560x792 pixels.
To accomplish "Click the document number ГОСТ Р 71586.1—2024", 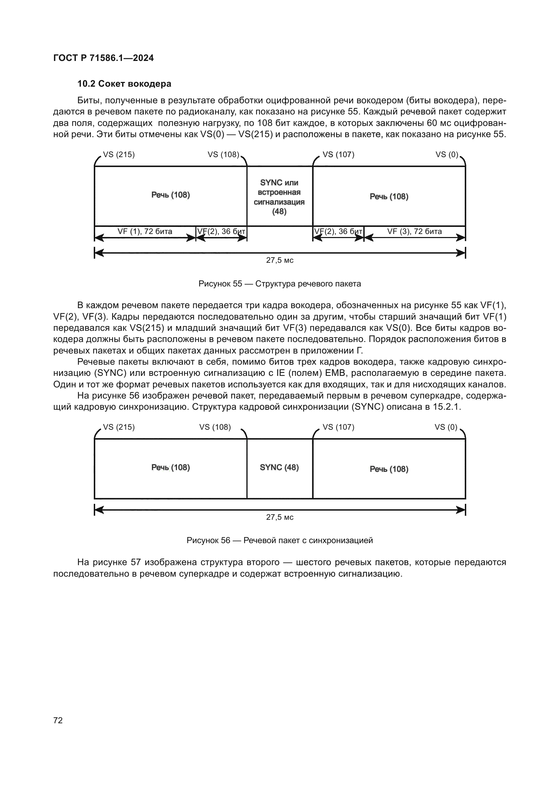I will pos(104,58).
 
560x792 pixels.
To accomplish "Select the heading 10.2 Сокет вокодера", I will pos(124,84).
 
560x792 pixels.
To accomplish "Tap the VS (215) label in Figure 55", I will pos(119,154).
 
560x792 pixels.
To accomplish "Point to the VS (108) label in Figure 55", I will pos(223,154).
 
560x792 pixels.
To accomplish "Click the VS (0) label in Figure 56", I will pos(446,427).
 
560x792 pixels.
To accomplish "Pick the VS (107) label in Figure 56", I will pos(338,427).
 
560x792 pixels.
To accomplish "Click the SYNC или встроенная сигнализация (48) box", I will pos(279,197).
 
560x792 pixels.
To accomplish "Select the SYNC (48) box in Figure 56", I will pos(279,467).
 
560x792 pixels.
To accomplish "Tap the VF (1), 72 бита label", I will pos(145,232).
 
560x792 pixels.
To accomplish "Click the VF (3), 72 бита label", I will pos(414,232).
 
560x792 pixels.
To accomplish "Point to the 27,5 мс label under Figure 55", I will pos(280,260).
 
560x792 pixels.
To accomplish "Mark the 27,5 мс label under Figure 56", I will pos(280,517).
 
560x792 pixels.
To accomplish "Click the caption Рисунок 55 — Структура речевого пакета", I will pos(280,284).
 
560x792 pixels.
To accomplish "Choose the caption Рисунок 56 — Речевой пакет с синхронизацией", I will pos(280,540).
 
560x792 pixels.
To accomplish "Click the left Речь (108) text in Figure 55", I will pos(171,195).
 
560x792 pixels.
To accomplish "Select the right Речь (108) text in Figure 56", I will pos(389,469).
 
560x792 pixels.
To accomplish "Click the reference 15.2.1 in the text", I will pos(447,407).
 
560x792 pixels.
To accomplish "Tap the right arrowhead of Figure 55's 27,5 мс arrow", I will pos(461,253).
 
